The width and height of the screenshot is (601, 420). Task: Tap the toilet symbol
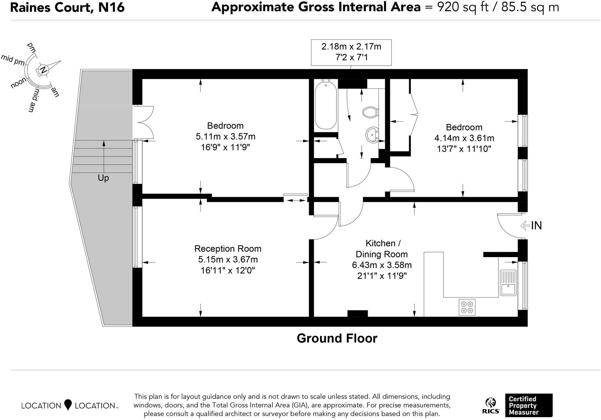370,112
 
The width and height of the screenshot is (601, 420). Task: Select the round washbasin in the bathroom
372,134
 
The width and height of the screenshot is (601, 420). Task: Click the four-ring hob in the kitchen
467,307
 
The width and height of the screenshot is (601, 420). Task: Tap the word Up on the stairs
103,178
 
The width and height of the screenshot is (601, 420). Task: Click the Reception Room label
228,248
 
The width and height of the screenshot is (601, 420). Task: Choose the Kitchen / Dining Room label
382,248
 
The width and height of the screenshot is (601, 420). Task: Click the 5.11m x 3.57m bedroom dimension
225,136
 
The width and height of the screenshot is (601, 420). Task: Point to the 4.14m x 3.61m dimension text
464,138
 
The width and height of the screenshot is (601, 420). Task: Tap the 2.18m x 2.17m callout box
351,52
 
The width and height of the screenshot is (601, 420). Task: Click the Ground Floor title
337,338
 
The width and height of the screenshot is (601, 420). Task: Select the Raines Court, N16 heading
67,7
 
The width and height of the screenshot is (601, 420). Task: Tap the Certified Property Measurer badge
529,405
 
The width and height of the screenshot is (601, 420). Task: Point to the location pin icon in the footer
68,405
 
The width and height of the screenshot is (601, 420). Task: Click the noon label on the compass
19,83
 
